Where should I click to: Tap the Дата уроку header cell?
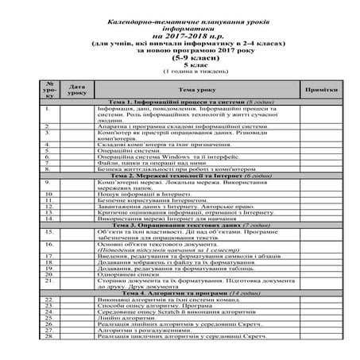pos(76,90)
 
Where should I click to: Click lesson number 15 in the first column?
pos(48,232)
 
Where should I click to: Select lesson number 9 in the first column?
pos(48,181)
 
